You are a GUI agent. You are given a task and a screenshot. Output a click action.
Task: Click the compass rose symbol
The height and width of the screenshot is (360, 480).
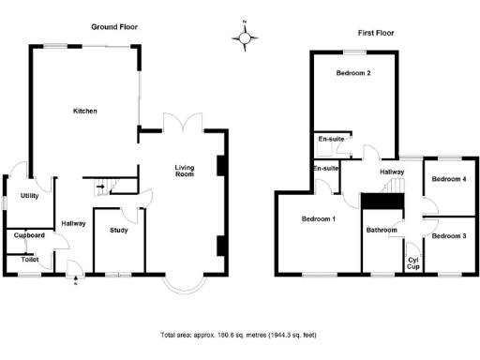coord(246,37)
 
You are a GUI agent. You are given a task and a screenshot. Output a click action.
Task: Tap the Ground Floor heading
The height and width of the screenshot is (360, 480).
coord(114,27)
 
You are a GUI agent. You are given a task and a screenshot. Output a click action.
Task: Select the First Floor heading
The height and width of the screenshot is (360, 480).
coord(374,33)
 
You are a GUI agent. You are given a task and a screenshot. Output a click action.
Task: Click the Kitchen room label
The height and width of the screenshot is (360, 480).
coord(85,112)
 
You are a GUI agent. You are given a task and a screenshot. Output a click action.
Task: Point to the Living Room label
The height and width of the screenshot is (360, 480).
coord(184,172)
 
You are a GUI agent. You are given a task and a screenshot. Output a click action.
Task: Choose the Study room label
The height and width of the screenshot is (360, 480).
coord(118,230)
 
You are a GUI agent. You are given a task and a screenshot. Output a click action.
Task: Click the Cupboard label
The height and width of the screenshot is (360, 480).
coord(30,236)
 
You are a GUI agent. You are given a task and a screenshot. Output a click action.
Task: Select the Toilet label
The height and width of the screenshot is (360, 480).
coord(29,259)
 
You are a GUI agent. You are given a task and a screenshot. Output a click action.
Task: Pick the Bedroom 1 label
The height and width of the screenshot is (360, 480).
coord(319,219)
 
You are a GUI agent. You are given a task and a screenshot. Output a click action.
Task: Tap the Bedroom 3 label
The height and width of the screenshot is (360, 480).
coord(450,235)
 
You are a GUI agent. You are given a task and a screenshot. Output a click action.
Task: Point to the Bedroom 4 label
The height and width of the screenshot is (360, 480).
coord(450,178)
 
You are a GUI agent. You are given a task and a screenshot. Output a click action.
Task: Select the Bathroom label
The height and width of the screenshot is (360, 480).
coord(382,230)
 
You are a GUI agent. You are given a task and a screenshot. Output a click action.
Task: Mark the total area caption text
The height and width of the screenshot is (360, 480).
coord(239,334)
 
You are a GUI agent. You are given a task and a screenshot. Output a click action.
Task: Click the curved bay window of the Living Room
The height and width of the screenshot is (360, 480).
coord(183,283)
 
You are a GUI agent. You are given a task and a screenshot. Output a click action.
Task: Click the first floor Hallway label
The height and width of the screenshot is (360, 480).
coord(392,172)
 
